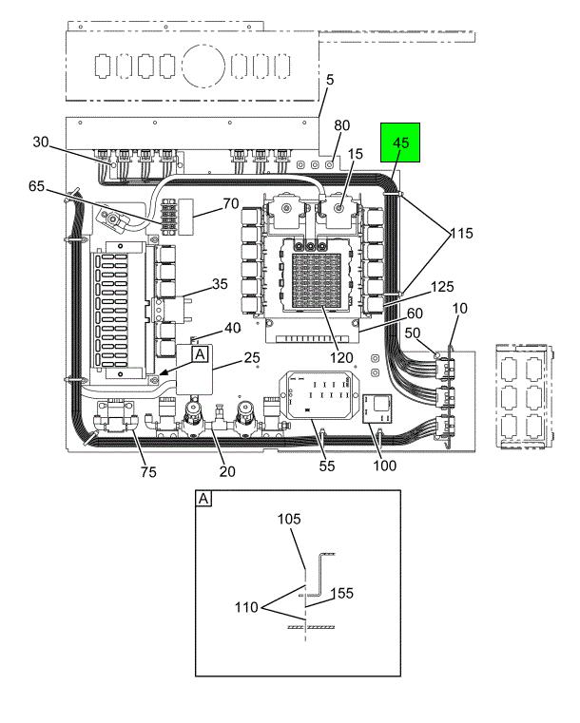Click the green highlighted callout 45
coord(400,143)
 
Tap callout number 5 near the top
coord(329,82)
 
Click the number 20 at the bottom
coord(226,469)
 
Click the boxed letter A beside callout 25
coord(201,354)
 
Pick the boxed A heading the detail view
coord(203,497)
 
